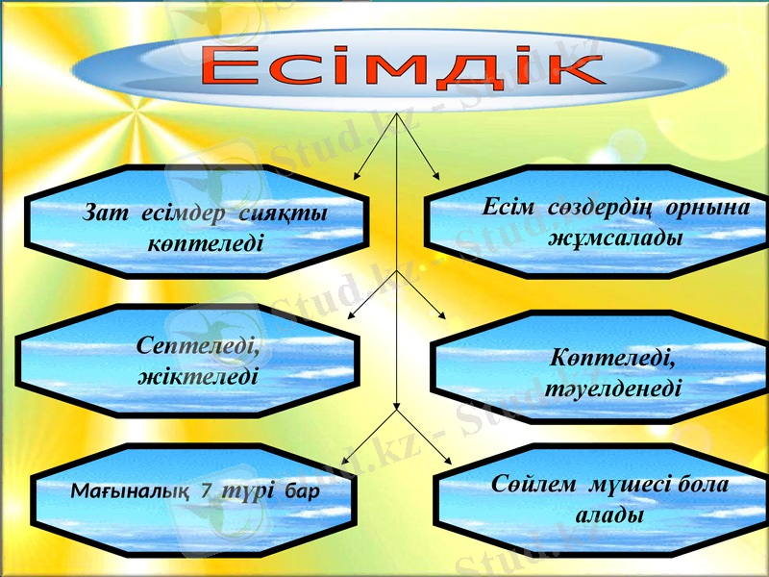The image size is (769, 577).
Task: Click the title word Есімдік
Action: point(401,68)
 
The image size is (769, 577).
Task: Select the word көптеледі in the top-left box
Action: point(205,240)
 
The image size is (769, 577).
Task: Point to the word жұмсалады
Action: point(614,237)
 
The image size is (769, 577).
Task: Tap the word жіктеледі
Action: point(199,374)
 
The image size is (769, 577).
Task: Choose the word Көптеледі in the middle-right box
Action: point(612,359)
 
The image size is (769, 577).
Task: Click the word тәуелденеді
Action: point(607,389)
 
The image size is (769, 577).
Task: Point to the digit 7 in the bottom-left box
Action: point(206,490)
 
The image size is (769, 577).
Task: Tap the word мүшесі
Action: point(624,485)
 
